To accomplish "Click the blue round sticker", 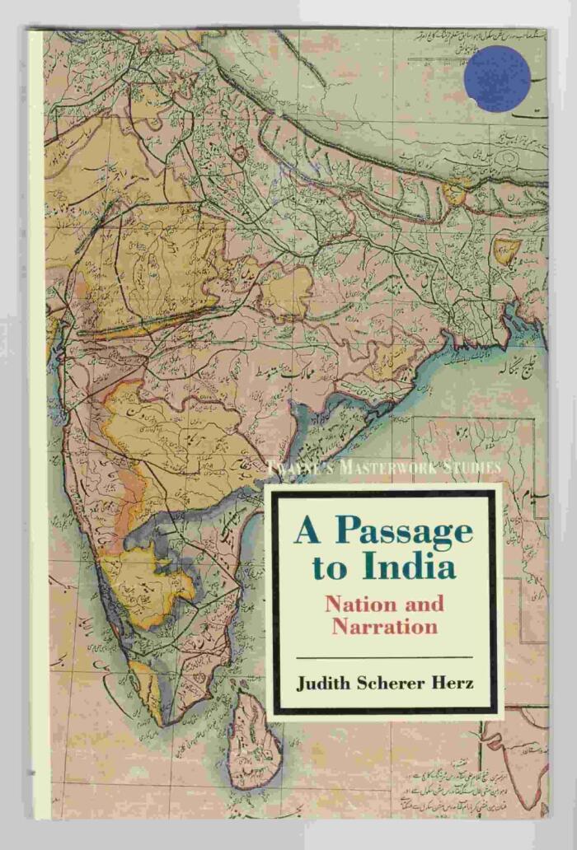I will click(x=498, y=78).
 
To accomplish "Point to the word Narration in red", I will click(x=384, y=625).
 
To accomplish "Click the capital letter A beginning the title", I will click(x=307, y=532).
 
